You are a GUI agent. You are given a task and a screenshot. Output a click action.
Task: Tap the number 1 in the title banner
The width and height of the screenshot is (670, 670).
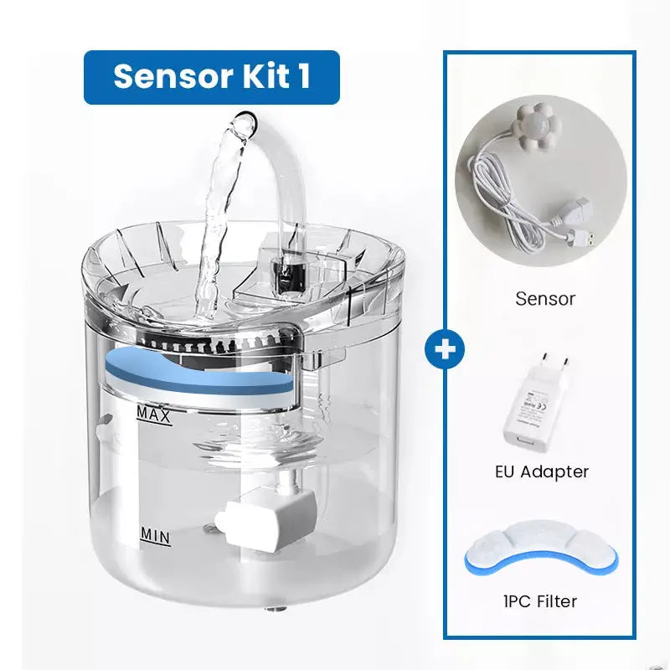tap(302, 76)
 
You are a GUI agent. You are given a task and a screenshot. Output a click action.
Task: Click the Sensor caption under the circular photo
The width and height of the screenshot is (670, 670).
tap(545, 298)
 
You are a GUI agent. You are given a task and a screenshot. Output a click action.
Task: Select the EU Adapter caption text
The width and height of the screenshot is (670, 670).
tap(541, 472)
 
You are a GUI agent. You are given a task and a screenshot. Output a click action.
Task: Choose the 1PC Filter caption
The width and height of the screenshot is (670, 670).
tap(541, 600)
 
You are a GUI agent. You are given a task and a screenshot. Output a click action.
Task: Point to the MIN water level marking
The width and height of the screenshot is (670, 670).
tap(154, 534)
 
